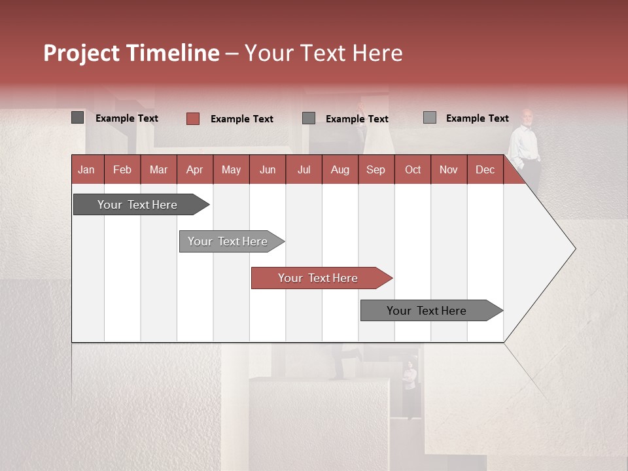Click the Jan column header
[x=87, y=169]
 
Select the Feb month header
[x=122, y=169]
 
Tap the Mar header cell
[x=158, y=169]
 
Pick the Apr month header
[x=195, y=169]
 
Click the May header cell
[x=231, y=169]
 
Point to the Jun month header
[x=268, y=169]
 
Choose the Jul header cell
[x=304, y=169]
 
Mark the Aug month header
[x=340, y=169]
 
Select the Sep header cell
[x=376, y=169]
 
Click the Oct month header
[x=413, y=169]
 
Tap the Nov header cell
[x=449, y=169]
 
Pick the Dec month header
[x=485, y=169]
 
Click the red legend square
[x=192, y=118]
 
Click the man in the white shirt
[x=525, y=147]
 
